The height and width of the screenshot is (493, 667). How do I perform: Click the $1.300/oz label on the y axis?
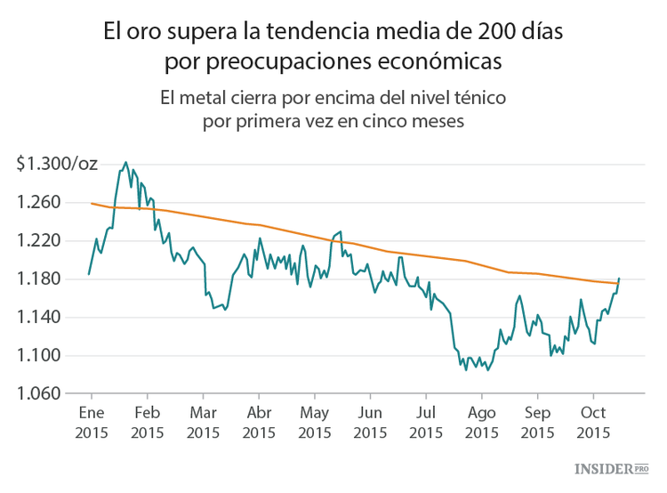pos(56,165)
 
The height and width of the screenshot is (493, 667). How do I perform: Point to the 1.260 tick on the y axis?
pos(38,203)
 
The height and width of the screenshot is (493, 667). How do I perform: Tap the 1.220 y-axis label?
pos(38,241)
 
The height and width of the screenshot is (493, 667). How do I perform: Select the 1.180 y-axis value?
pos(38,279)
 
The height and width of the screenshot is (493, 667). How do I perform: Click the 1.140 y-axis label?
pos(38,318)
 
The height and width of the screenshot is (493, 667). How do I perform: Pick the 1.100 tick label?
pos(38,356)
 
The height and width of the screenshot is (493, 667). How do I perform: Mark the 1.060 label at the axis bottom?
pos(38,394)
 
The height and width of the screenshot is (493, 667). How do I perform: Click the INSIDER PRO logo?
pos(613,468)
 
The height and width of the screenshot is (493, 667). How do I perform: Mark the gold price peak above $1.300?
pos(125,162)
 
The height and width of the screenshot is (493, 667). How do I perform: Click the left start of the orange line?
pos(91,203)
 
